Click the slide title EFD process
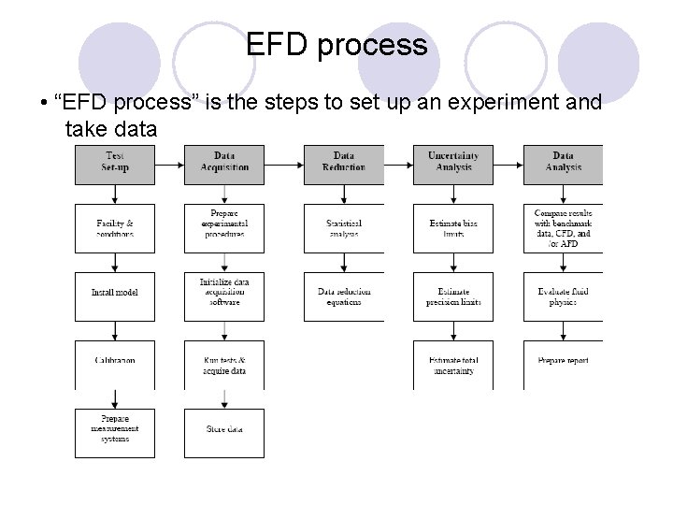(336, 44)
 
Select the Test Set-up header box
(115, 162)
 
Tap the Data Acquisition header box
(224, 162)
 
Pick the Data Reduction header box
(343, 162)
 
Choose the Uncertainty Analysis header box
(453, 162)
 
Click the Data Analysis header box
(563, 162)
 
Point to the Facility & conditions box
(115, 228)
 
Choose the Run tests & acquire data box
(224, 364)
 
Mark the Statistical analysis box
(343, 228)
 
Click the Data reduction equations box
(343, 296)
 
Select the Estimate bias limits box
(453, 228)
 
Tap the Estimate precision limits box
(453, 296)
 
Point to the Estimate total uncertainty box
(453, 364)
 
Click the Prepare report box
(563, 362)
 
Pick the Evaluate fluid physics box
(563, 296)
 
